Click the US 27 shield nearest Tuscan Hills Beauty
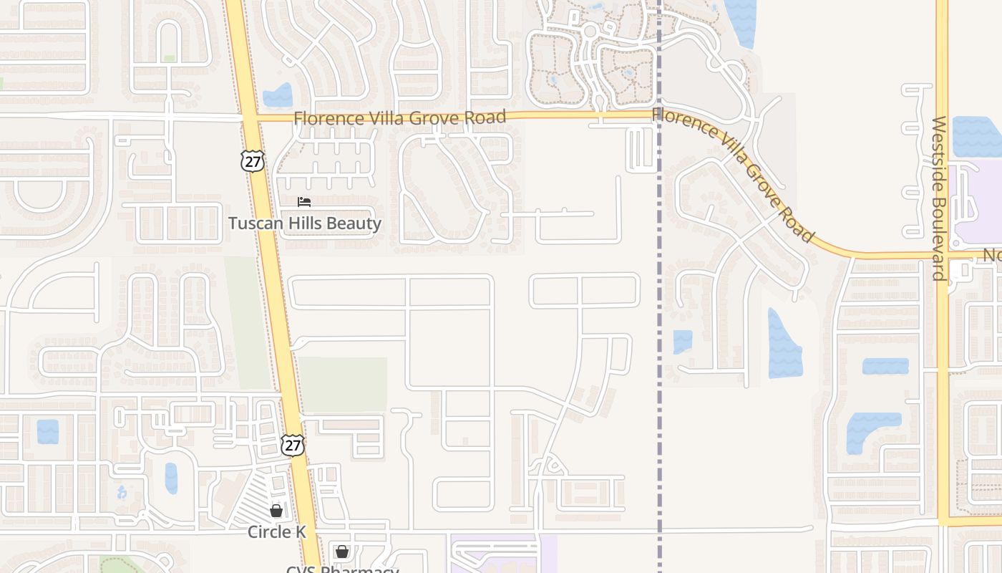(252, 161)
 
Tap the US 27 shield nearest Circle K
(293, 445)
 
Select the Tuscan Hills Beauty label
(305, 223)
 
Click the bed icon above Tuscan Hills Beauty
(304, 203)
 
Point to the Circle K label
(277, 532)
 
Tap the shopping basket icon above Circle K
(276, 511)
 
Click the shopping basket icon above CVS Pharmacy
(342, 552)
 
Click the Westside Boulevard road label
(939, 198)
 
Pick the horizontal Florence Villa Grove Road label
(399, 117)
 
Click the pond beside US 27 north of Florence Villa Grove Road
(278, 95)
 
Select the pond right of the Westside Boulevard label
(976, 136)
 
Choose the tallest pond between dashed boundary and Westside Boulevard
(784, 344)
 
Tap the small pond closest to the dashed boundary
(683, 342)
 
